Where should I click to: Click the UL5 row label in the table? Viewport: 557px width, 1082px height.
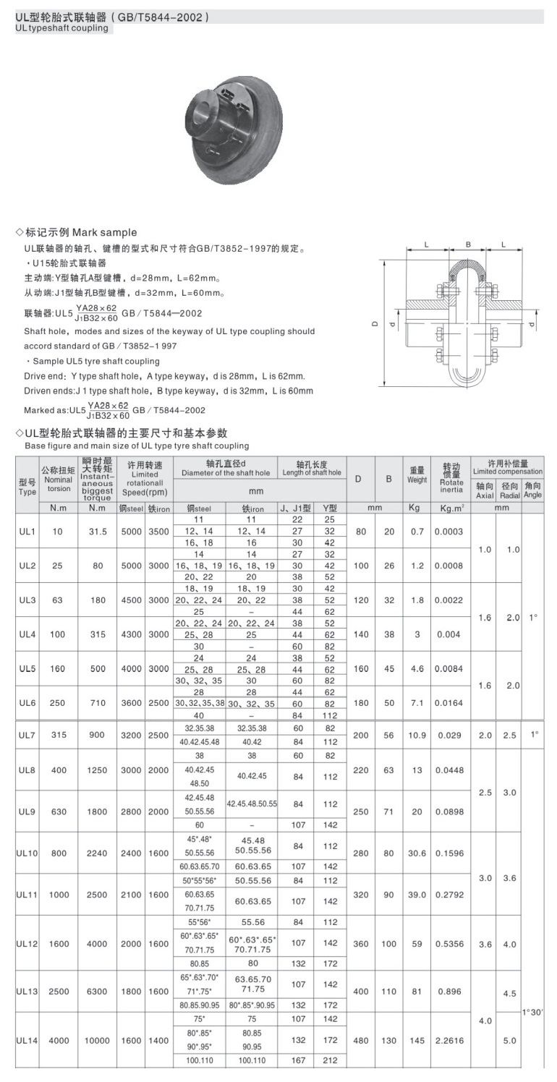click(x=27, y=669)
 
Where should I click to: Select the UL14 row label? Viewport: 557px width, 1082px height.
click(x=27, y=1040)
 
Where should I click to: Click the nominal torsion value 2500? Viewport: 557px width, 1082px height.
click(x=59, y=991)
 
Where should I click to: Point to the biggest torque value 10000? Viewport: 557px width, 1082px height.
click(x=98, y=1040)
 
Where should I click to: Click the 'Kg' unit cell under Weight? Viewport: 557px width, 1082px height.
click(x=414, y=508)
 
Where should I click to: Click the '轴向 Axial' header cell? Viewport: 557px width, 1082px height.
click(x=484, y=490)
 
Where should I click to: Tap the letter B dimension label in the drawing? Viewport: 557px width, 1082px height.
click(x=468, y=244)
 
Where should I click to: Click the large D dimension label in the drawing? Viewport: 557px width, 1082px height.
click(x=376, y=324)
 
